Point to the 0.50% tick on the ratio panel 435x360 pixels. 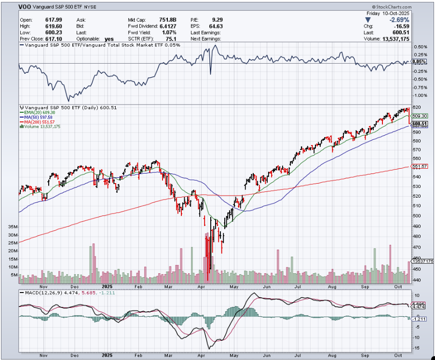tap(421, 47)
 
